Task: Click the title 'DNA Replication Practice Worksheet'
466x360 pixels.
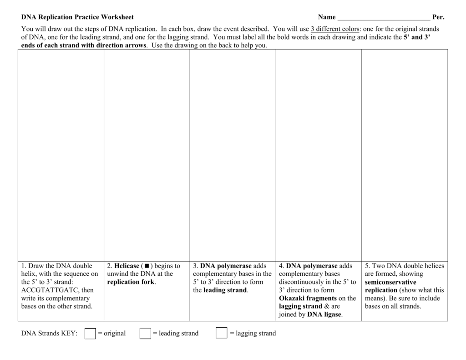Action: pyautogui.click(x=77, y=17)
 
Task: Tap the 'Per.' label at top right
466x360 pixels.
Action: pyautogui.click(x=438, y=17)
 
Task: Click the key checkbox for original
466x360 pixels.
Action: pyautogui.click(x=90, y=334)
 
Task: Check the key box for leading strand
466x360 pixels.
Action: pyautogui.click(x=145, y=334)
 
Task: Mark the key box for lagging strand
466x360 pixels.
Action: pyautogui.click(x=221, y=334)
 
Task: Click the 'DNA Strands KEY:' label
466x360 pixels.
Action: pyautogui.click(x=49, y=334)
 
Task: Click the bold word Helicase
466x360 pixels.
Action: pyautogui.click(x=127, y=266)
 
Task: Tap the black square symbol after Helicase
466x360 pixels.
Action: pyautogui.click(x=147, y=266)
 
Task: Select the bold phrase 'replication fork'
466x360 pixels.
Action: pyautogui.click(x=131, y=282)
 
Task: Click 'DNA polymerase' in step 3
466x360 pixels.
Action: pyautogui.click(x=226, y=266)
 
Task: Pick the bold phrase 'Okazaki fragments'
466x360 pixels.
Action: pyautogui.click(x=308, y=298)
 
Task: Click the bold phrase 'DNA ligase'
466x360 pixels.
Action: pyautogui.click(x=324, y=314)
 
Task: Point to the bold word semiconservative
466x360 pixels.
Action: pyautogui.click(x=390, y=282)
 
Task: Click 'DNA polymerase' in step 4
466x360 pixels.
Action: pyautogui.click(x=312, y=266)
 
